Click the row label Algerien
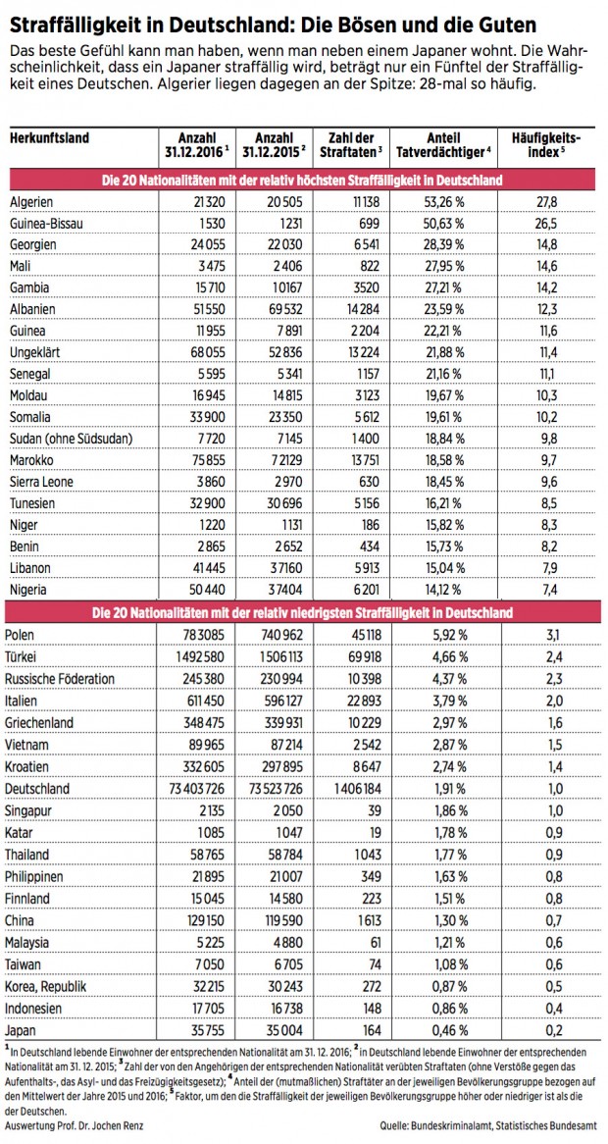pyautogui.click(x=31, y=201)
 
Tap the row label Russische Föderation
pyautogui.click(x=62, y=678)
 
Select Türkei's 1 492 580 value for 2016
pyautogui.click(x=199, y=656)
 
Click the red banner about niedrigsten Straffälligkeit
pyautogui.click(x=303, y=613)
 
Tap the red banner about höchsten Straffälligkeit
pyautogui.click(x=303, y=180)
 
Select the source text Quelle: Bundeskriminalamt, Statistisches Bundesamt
pyautogui.click(x=486, y=1124)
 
